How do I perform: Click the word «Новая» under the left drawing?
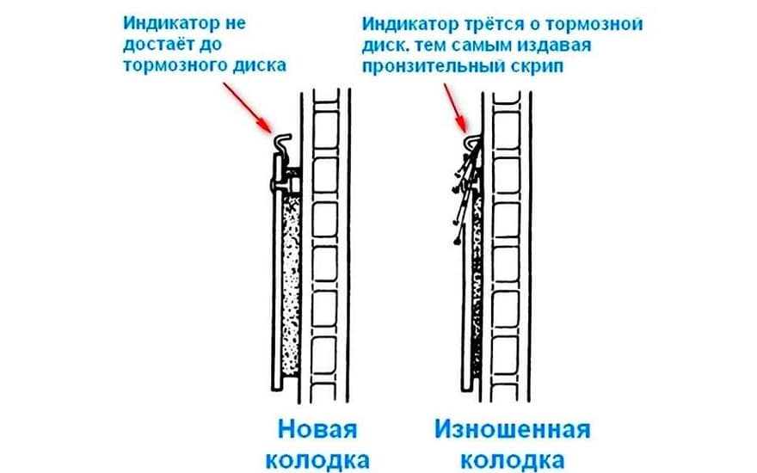[317, 429]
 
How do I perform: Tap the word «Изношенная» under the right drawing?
[512, 429]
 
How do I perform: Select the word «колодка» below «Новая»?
[317, 460]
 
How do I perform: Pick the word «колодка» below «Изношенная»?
[512, 460]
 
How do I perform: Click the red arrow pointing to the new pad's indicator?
[247, 107]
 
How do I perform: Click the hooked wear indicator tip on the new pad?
[283, 142]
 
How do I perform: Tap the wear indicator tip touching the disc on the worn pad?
[474, 140]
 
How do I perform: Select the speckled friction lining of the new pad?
[291, 285]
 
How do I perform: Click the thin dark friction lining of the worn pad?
[477, 285]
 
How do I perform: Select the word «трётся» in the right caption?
[491, 24]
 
